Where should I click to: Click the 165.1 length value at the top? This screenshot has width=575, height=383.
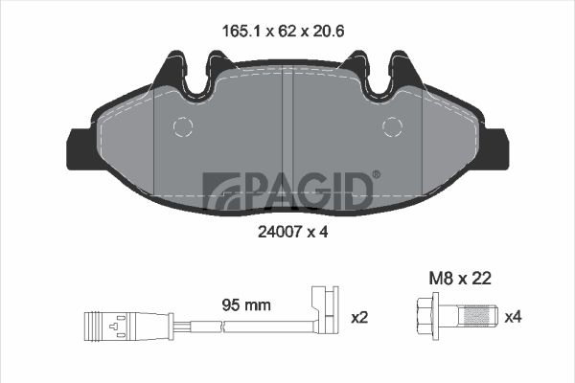coord(241,32)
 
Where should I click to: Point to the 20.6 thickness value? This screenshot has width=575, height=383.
coord(328,32)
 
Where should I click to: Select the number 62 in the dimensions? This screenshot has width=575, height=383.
coord(287,32)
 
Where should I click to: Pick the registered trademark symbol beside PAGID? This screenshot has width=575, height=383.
coord(377,174)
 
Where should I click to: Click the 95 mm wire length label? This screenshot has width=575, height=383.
coord(246,304)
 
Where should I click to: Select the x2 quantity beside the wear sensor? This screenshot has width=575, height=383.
coord(359,317)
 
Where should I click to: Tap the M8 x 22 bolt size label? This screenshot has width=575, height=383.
coord(460,279)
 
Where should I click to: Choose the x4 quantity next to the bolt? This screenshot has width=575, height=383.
coord(514,317)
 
